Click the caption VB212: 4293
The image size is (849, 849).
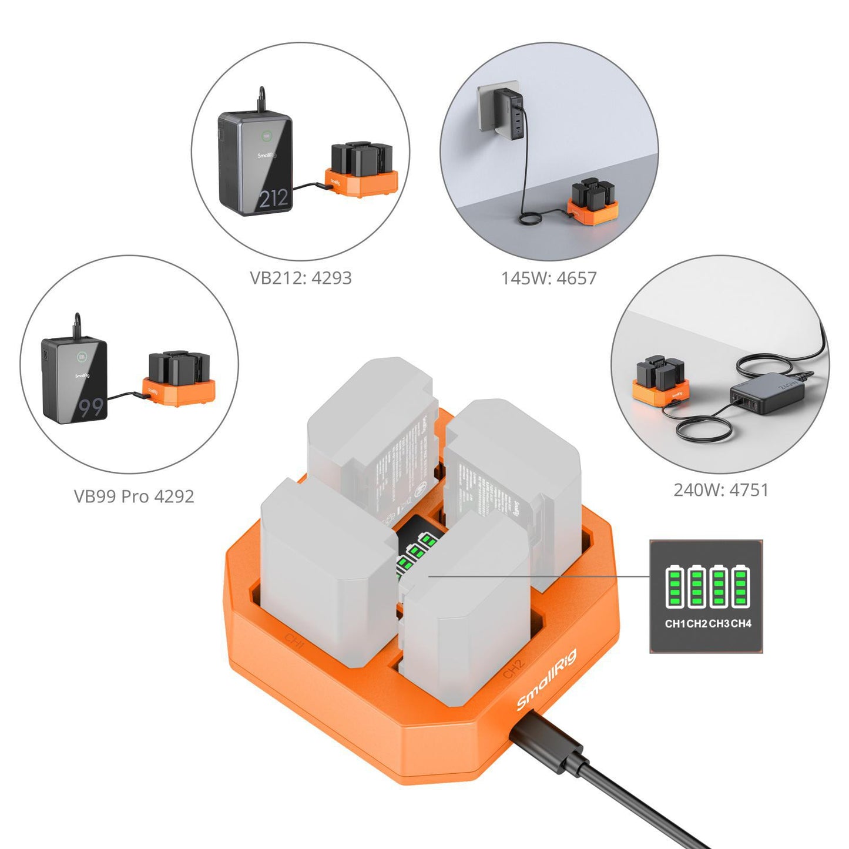point(300,278)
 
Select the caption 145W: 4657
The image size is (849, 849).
point(548,278)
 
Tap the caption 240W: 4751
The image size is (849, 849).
point(721,490)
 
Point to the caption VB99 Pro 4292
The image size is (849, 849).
point(133,496)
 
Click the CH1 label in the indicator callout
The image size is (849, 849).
point(675,623)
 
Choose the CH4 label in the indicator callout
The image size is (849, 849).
point(741,623)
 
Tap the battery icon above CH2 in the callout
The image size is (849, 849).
point(696,586)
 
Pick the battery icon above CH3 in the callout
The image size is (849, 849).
point(718,586)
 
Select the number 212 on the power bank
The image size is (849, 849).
point(273,199)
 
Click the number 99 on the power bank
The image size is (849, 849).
point(90,407)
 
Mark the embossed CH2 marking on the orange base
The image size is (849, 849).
point(513,668)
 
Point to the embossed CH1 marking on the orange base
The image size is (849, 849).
point(294,641)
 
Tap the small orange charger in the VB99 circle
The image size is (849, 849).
point(179,391)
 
